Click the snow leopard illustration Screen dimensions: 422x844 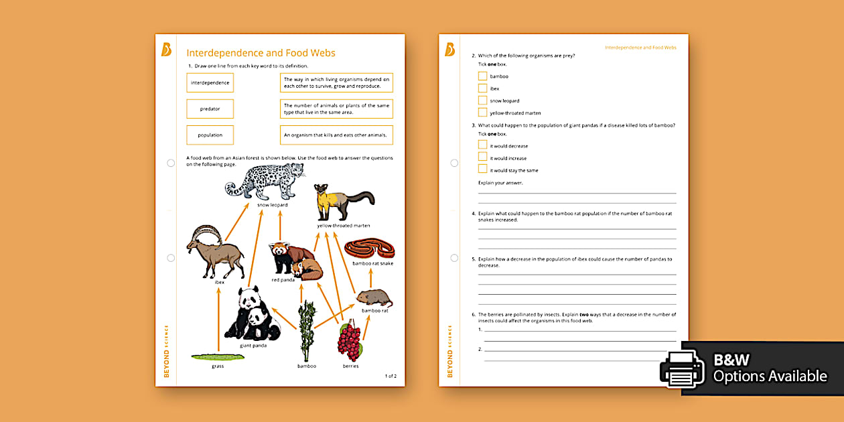point(264,181)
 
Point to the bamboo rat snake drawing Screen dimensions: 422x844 point(369,250)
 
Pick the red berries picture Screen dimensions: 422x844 point(349,340)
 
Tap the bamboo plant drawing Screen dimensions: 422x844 point(307,332)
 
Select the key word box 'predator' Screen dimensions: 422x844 point(210,109)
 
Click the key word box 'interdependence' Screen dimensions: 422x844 point(210,82)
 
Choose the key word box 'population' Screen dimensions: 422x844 point(210,135)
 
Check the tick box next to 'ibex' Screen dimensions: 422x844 point(482,88)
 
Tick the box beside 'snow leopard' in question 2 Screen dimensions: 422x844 point(482,100)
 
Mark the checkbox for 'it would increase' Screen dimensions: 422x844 point(482,158)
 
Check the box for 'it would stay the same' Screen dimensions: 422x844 point(482,170)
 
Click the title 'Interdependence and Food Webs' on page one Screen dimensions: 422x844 point(261,53)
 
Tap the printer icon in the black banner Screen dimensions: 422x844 point(682,368)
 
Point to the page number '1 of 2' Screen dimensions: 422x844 point(391,376)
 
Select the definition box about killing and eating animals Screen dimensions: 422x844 point(336,135)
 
